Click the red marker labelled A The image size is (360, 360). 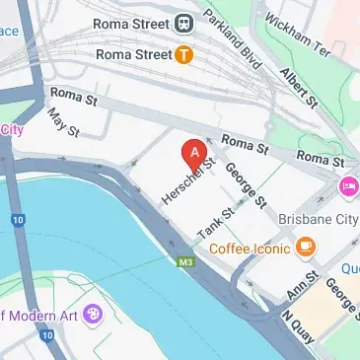click(195, 155)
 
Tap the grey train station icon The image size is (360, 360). click(184, 22)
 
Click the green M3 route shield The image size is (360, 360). click(185, 261)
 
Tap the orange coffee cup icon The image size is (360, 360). click(307, 245)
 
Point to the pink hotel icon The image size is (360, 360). click(348, 186)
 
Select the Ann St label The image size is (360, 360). click(296, 291)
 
